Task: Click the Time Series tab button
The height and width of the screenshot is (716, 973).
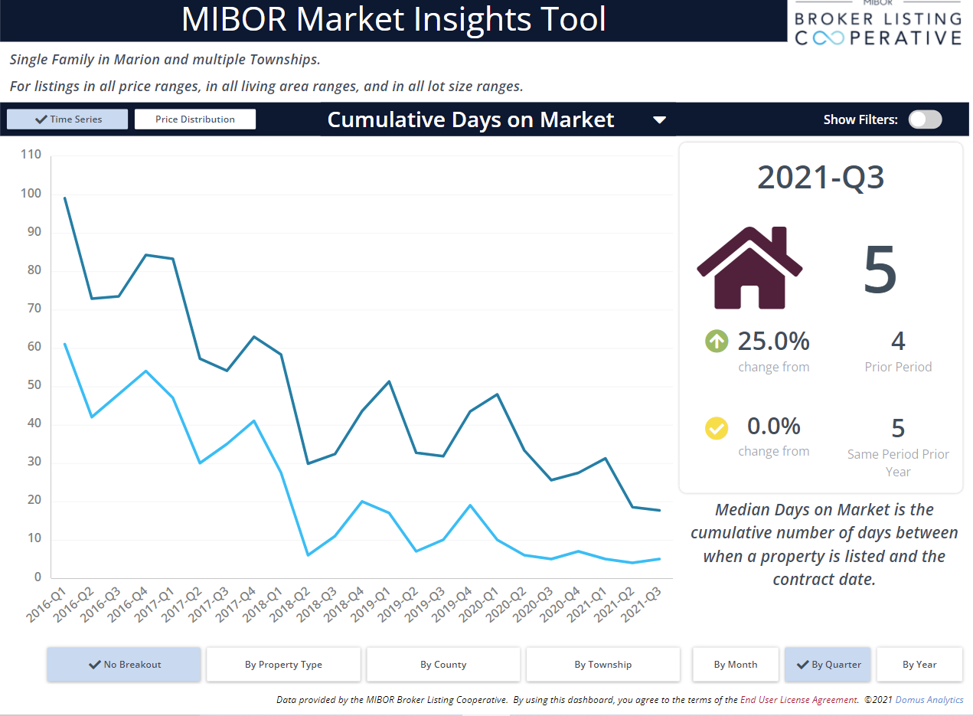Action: pyautogui.click(x=67, y=119)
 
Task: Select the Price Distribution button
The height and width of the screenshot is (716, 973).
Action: pyautogui.click(x=195, y=119)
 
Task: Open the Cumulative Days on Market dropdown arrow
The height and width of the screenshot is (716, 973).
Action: pyautogui.click(x=659, y=120)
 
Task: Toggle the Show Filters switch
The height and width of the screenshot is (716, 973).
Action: pyautogui.click(x=926, y=119)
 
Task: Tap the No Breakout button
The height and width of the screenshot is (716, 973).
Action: pyautogui.click(x=124, y=664)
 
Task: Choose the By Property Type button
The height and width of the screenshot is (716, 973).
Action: pyautogui.click(x=283, y=664)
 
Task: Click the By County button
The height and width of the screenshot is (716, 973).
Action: pyautogui.click(x=443, y=664)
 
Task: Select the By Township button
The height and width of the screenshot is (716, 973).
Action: pyautogui.click(x=603, y=664)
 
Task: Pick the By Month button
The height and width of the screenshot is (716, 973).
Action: pyautogui.click(x=736, y=664)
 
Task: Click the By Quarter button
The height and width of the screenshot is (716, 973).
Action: pyautogui.click(x=828, y=664)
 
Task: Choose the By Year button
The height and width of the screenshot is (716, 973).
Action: pyautogui.click(x=919, y=664)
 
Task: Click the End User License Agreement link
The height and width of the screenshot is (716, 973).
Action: pyautogui.click(x=799, y=700)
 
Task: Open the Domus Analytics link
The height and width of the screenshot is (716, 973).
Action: pyautogui.click(x=929, y=700)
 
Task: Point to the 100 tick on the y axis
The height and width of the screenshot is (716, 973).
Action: pyautogui.click(x=31, y=193)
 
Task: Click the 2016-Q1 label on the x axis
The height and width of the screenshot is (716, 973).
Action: pyautogui.click(x=46, y=604)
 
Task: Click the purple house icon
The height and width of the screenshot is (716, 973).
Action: pyautogui.click(x=749, y=267)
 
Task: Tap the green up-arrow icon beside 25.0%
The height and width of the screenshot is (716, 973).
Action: pyautogui.click(x=717, y=341)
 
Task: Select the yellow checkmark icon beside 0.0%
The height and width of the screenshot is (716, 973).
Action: pyautogui.click(x=717, y=428)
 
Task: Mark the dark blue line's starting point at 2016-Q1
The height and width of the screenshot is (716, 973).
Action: pyautogui.click(x=65, y=198)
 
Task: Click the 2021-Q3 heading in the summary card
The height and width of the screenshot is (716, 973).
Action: pyautogui.click(x=821, y=177)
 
